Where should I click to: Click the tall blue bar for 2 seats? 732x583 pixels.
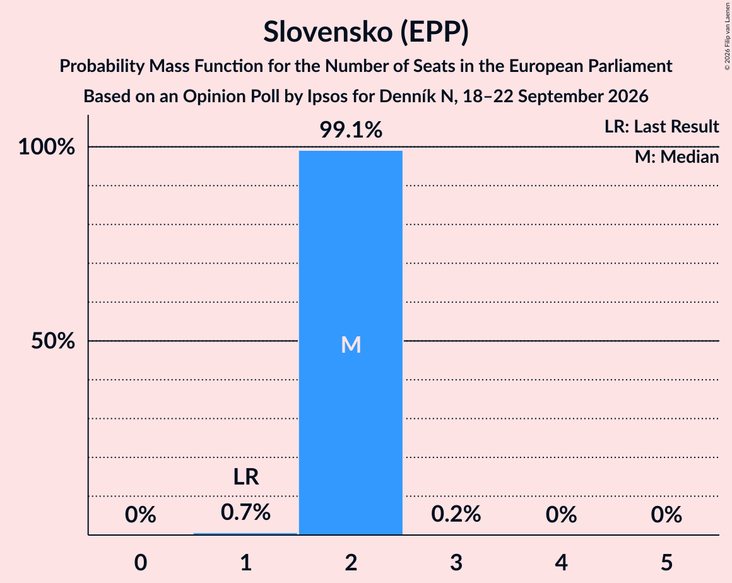point(351,343)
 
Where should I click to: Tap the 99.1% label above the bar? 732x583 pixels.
point(351,130)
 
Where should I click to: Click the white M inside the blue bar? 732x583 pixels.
point(351,345)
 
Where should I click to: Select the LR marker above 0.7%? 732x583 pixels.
point(246,476)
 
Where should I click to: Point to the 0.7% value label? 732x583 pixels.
point(245,512)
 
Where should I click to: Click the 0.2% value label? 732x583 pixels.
point(456,514)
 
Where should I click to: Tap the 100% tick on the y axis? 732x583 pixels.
point(47,147)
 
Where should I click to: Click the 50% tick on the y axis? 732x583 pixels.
point(53,341)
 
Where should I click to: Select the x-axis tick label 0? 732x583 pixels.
point(141,562)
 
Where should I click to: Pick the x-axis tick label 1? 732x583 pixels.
point(246,562)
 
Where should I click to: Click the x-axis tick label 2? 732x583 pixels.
point(351,562)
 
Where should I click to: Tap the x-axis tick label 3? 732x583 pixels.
point(456,562)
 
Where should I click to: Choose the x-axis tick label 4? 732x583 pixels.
point(561,562)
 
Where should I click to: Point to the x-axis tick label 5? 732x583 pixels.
point(666,562)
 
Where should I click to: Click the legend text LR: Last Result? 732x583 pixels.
point(662,126)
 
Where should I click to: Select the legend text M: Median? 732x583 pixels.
point(677,157)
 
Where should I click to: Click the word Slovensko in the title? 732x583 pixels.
point(328,32)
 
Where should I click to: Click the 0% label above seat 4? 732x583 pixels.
point(561,515)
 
